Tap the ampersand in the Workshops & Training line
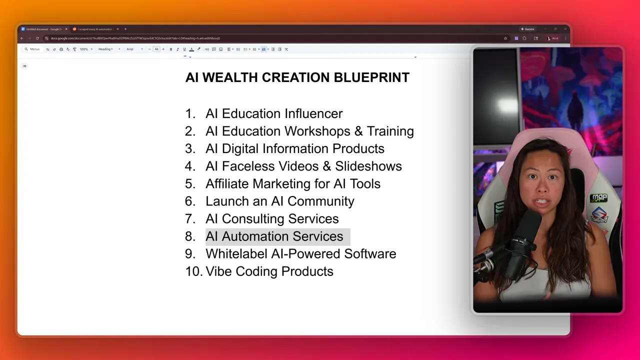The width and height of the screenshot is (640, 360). pos(358,131)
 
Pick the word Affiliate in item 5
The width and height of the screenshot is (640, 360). pos(227,183)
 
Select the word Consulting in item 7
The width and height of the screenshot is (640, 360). pos(255,218)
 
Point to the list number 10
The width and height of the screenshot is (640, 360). pos(193,271)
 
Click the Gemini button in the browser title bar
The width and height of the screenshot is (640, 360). pos(528,29)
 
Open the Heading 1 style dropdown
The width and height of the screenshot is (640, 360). pos(109,49)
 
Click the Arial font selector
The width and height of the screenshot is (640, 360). pos(134,49)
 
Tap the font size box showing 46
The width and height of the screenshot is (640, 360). pos(156,49)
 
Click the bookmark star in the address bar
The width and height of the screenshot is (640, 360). pos(505,38)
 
